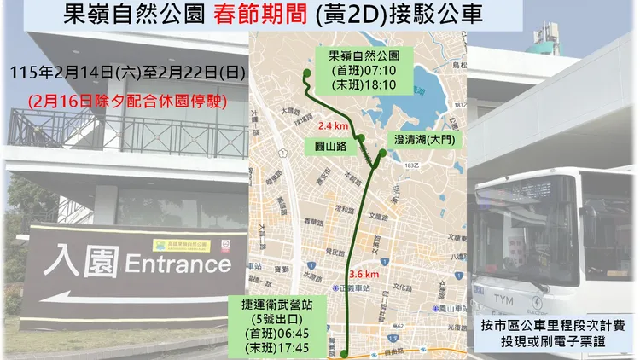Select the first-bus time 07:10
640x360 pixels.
point(382,71)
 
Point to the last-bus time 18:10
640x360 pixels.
point(382,85)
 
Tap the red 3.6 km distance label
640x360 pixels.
point(364,274)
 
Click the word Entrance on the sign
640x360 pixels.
point(177,263)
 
